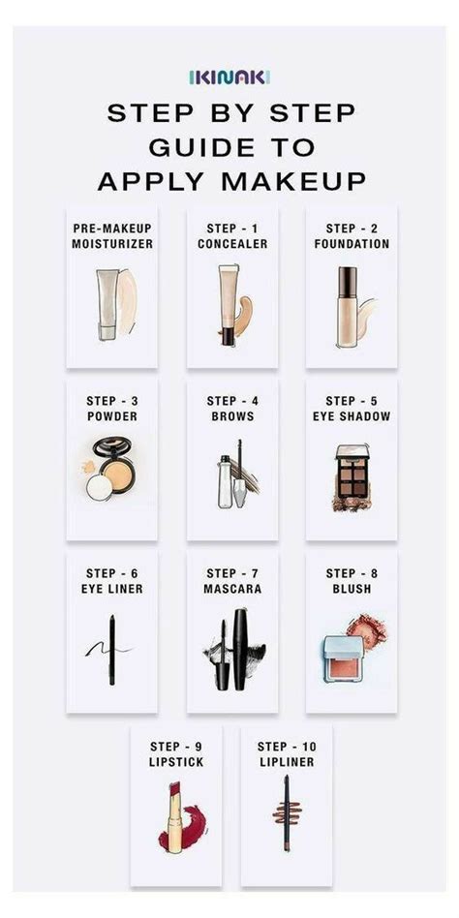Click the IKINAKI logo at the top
click(x=229, y=76)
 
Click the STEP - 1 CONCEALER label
click(x=231, y=236)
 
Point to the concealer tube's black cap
click(x=226, y=335)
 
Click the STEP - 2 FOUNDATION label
click(x=352, y=236)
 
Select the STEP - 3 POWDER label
click(x=111, y=409)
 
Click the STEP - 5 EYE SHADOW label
click(x=352, y=409)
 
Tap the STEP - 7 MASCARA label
click(x=231, y=581)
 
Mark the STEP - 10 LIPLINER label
click(x=286, y=754)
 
